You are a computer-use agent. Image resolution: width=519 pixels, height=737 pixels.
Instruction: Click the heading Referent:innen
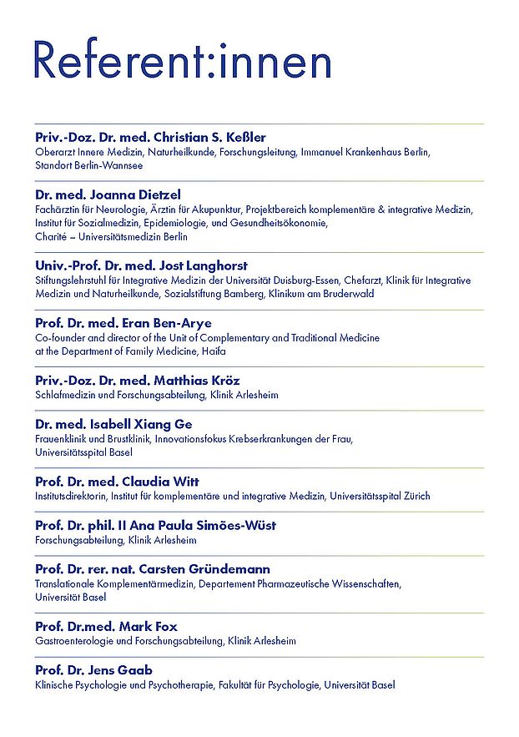click(183, 62)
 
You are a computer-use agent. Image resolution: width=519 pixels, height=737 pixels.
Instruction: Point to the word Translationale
click(65, 583)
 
